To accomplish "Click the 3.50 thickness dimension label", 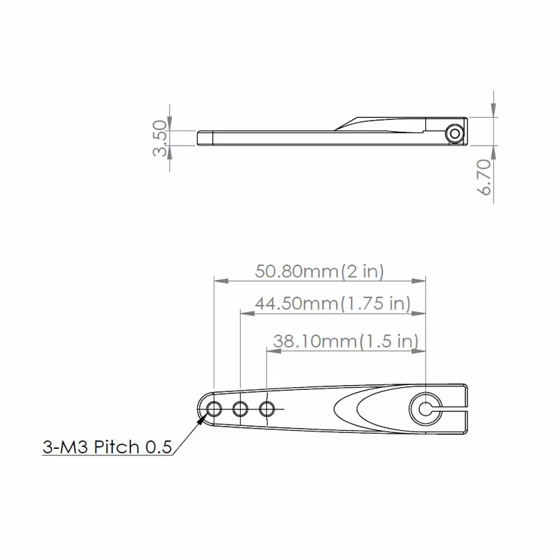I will pyautogui.click(x=160, y=139).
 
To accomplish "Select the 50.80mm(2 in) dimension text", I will pyautogui.click(x=319, y=271).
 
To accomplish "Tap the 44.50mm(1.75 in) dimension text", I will pyautogui.click(x=332, y=304).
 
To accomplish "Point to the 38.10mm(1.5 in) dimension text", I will pyautogui.click(x=345, y=341).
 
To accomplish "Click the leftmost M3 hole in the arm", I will pyautogui.click(x=214, y=409).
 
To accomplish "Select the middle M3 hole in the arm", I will pyautogui.click(x=240, y=409).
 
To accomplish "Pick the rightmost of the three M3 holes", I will pyautogui.click(x=267, y=409).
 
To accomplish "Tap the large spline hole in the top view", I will pyautogui.click(x=425, y=409).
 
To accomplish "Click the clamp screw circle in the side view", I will pyautogui.click(x=455, y=133).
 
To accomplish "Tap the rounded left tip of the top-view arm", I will pyautogui.click(x=200, y=409).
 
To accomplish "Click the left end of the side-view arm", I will pyautogui.click(x=200, y=137).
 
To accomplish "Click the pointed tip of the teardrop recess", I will pyautogui.click(x=334, y=409).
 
